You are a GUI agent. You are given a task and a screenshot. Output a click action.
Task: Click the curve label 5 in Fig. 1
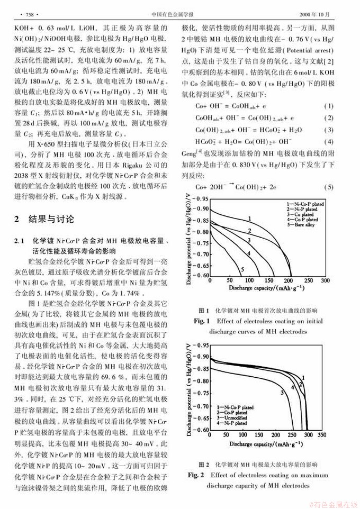pyautogui.click(x=242, y=270)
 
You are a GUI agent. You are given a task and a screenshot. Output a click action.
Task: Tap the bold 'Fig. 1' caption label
pyautogui.click(x=202, y=321)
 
